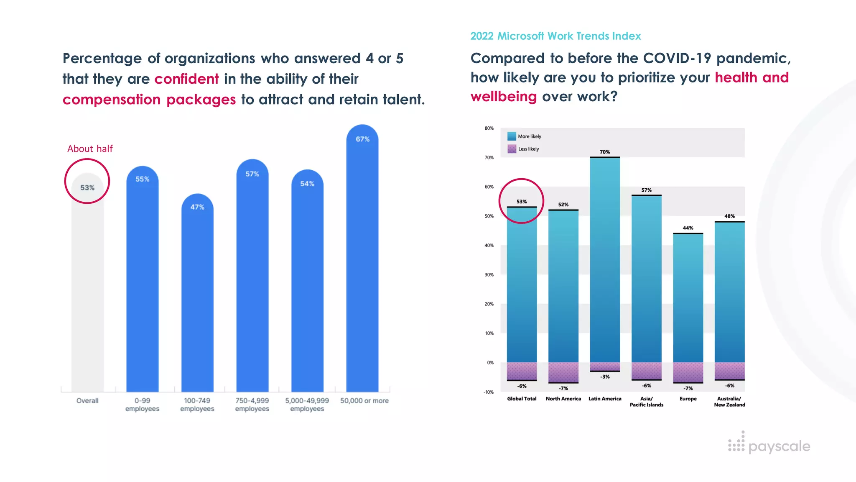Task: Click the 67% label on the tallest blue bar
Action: coord(362,139)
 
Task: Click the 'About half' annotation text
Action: coord(90,149)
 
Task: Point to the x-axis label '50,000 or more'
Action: coord(364,401)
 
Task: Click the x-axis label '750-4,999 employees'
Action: coord(252,405)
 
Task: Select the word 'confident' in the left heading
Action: coord(186,79)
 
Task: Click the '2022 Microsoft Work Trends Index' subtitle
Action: coord(555,36)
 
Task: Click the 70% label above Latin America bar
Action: coord(604,152)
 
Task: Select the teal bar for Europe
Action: coord(688,297)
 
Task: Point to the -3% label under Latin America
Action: coord(605,377)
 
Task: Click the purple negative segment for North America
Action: coord(563,372)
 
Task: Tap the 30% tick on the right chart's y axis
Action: coord(489,275)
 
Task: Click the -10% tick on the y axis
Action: coord(488,392)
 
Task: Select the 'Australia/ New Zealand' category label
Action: coord(729,402)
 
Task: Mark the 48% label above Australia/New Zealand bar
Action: coord(729,216)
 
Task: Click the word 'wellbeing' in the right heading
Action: coord(503,97)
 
